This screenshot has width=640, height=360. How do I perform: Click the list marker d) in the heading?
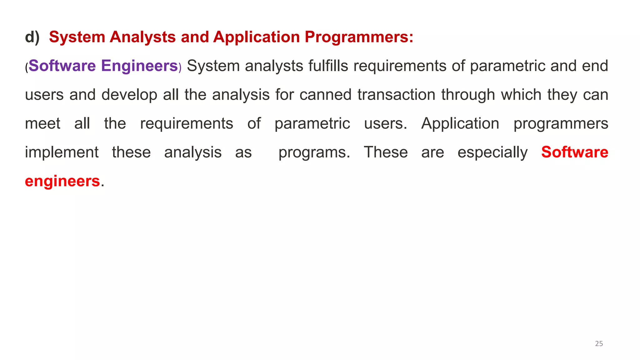(x=32, y=37)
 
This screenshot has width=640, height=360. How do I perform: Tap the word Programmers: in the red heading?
(x=359, y=37)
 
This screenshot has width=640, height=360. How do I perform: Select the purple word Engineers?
(x=139, y=66)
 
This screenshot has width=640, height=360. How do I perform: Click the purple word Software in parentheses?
(x=62, y=66)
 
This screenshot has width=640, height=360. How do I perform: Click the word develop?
(x=129, y=95)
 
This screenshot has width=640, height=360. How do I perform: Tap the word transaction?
(x=396, y=95)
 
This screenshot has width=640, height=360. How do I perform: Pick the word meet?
(x=42, y=123)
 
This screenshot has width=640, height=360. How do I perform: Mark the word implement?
(x=62, y=152)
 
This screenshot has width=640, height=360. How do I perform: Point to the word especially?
(x=492, y=152)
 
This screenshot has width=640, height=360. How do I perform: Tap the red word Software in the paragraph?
(x=575, y=152)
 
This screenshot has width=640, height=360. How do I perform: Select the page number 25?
(x=599, y=344)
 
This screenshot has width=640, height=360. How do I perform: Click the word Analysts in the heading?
(x=142, y=37)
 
